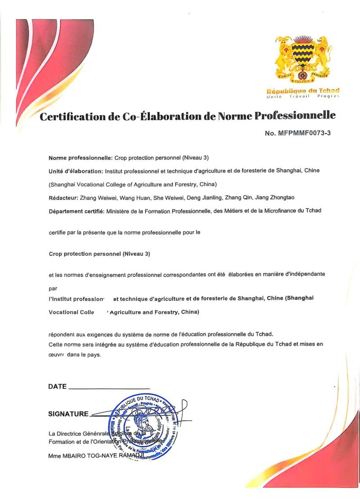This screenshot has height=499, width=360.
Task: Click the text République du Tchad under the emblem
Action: point(303,91)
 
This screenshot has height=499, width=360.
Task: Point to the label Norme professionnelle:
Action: point(80,158)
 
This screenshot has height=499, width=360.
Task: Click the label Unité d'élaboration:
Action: point(76,171)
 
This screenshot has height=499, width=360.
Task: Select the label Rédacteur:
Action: point(63,197)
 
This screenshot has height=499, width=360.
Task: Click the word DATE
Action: point(57,386)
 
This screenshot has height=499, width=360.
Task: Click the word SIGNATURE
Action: point(68,414)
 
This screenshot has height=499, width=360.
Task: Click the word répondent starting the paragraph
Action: point(62,334)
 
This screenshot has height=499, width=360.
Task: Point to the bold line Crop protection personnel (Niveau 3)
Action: point(99,254)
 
